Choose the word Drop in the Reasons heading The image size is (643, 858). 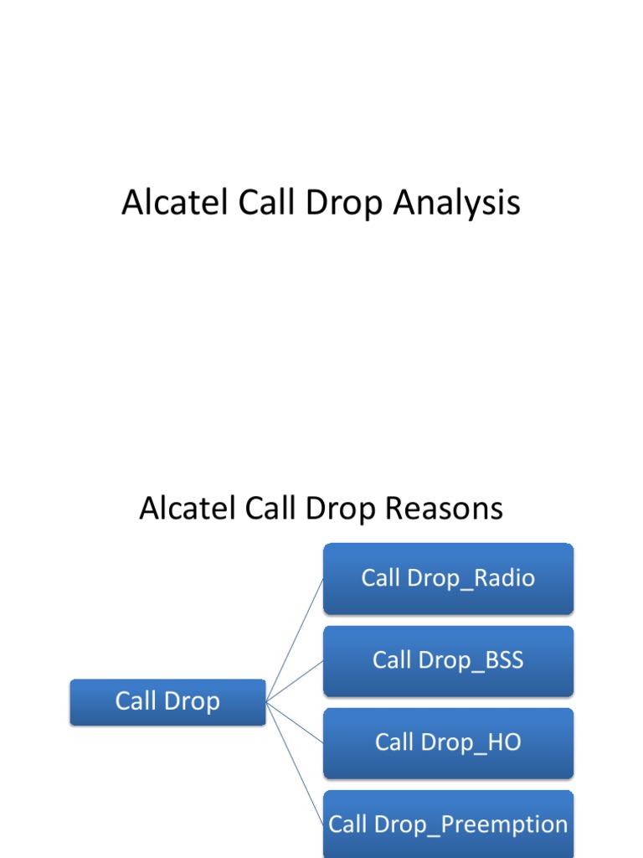(347, 509)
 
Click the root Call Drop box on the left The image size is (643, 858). (167, 701)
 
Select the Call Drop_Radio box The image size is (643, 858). (448, 578)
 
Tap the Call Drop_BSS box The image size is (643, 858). (448, 660)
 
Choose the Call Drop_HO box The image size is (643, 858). (448, 742)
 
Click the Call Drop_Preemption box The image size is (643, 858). (448, 824)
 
